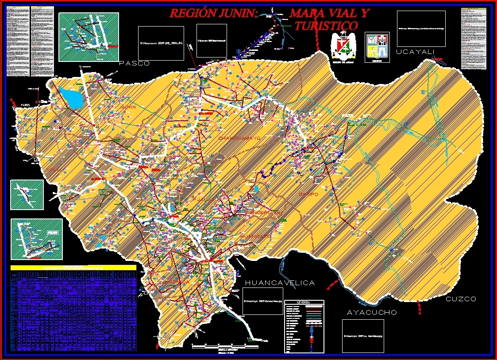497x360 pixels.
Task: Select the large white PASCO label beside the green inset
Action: point(135,64)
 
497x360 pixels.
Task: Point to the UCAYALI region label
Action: point(416,52)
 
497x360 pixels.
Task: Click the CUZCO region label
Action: point(461,299)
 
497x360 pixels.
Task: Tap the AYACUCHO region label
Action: point(372,313)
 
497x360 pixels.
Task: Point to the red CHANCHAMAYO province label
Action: point(239,138)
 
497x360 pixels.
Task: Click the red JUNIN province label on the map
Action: point(128,107)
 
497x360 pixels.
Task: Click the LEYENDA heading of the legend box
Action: point(304,303)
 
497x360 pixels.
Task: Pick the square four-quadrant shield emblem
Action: point(377,46)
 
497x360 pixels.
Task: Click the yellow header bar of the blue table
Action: point(73,268)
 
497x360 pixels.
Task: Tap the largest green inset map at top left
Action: point(89,37)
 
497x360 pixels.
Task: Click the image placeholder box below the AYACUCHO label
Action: point(363,336)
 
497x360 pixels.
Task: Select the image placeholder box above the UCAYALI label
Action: point(421,28)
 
